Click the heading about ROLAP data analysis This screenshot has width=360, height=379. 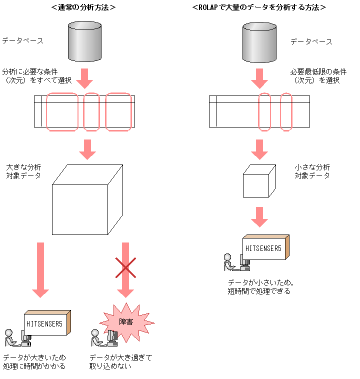tap(259, 7)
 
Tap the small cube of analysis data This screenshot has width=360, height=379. tap(256, 183)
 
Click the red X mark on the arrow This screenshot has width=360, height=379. tap(125, 267)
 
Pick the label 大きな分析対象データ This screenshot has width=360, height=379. tap(23, 171)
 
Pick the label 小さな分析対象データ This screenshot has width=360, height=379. tap(312, 171)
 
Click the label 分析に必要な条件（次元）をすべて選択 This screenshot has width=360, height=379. tap(37, 75)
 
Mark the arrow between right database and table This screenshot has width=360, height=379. tap(259, 77)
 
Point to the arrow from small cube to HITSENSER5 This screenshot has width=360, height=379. tap(259, 215)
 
